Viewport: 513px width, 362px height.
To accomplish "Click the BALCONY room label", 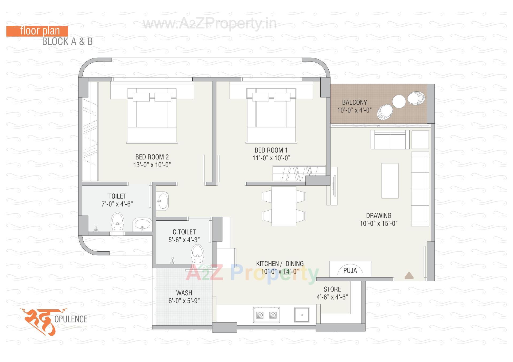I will click(x=354, y=102).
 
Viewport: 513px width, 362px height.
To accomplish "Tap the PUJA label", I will click(x=350, y=271).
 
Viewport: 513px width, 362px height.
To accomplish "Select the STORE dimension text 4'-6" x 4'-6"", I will click(x=332, y=297).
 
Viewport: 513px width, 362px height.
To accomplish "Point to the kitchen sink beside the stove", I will click(x=302, y=315).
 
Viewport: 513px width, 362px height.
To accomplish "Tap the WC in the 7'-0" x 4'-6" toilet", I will click(x=117, y=221).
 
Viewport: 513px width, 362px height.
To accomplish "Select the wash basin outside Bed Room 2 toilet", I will click(x=162, y=201).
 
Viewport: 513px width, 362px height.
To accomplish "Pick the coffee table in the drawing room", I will click(x=390, y=181).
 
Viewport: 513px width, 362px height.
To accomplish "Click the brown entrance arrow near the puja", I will click(x=409, y=276).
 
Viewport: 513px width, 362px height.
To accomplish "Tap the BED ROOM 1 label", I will click(x=271, y=150).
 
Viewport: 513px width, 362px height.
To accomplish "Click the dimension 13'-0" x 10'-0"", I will click(x=152, y=165).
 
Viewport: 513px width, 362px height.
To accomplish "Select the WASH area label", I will click(x=184, y=293).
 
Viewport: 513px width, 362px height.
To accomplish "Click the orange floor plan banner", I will click(x=37, y=31).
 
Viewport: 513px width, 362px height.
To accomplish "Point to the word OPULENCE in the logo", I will click(x=71, y=319).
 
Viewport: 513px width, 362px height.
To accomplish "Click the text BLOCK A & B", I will click(x=67, y=42).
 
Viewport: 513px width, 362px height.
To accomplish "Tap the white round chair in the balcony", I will click(x=399, y=102).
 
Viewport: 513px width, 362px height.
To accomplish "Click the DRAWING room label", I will click(x=379, y=216).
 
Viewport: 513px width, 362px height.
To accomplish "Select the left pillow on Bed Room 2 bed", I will click(x=141, y=97).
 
